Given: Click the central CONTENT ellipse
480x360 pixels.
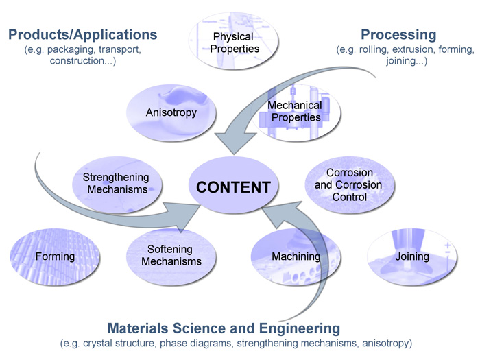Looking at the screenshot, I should tap(233, 187).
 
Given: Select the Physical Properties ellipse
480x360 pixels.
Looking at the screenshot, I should tap(234, 43).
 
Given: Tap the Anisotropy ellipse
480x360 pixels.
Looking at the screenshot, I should tap(171, 111).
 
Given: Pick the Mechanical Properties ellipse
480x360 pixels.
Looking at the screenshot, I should tap(295, 111).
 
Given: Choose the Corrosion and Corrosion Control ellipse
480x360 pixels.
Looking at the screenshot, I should tap(349, 185).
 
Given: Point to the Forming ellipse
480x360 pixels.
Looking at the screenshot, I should tap(56, 256).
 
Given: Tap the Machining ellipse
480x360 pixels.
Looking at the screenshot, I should tap(296, 256).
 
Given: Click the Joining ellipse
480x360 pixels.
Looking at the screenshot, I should tap(412, 256).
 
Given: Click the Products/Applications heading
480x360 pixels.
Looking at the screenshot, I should tap(82, 34).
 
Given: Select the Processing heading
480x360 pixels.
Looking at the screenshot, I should tap(398, 34).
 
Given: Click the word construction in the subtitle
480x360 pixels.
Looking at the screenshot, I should tap(79, 62).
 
